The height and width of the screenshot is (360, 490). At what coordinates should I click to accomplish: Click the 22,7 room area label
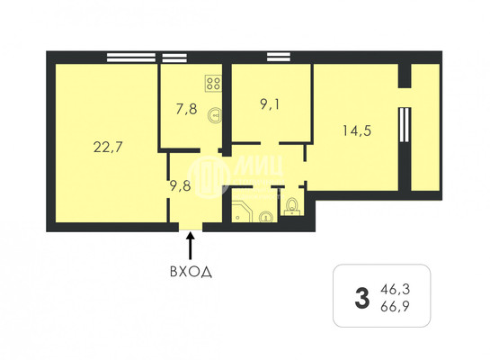click(109, 147)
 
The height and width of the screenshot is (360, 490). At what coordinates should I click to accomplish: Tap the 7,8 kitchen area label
click(187, 110)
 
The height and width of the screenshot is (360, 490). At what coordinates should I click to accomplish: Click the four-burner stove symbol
click(215, 84)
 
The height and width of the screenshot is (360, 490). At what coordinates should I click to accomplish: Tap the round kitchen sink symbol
click(215, 116)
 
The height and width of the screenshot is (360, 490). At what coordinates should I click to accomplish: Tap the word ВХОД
click(191, 270)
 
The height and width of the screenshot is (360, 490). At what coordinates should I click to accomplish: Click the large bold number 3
click(361, 297)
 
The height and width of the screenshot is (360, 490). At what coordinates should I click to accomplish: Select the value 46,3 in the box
click(395, 289)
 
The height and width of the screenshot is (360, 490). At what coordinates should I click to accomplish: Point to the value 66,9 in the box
click(395, 308)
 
